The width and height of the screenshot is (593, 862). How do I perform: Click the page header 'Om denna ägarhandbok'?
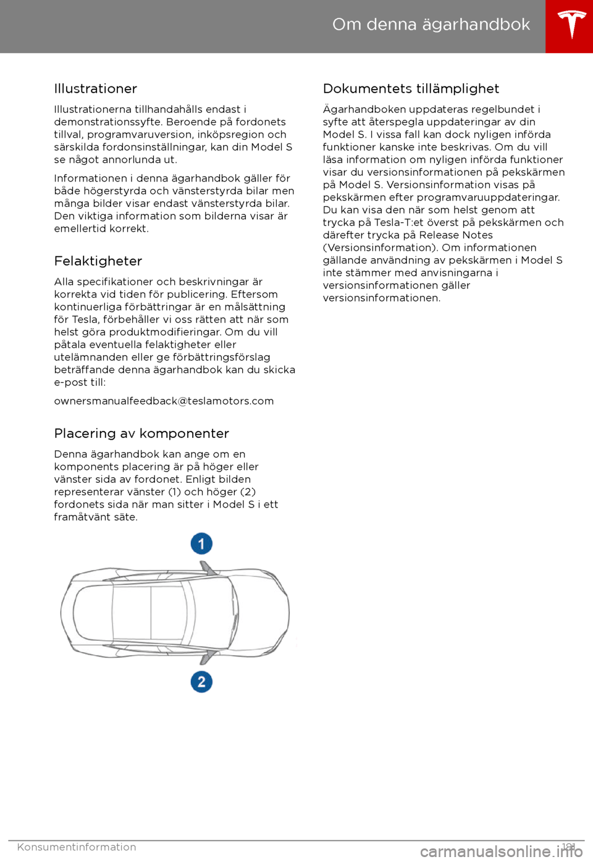click(x=431, y=25)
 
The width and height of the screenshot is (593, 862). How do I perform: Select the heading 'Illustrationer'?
click(x=96, y=89)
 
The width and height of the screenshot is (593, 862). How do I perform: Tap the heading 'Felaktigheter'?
click(x=98, y=261)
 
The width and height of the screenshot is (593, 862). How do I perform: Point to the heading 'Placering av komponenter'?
click(x=141, y=433)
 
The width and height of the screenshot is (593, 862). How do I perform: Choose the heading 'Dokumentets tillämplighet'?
click(x=411, y=89)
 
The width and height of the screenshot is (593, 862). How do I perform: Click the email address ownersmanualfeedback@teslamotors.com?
click(x=164, y=401)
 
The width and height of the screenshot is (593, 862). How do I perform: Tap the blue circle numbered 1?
click(x=201, y=544)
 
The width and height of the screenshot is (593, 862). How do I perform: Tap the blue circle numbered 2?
click(x=201, y=682)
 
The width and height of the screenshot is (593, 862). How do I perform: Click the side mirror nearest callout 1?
click(x=209, y=569)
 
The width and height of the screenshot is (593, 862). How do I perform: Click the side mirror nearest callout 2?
click(x=210, y=656)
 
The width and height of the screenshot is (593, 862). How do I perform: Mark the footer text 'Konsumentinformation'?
click(x=77, y=847)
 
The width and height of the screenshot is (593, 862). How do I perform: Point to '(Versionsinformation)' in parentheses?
click(x=379, y=248)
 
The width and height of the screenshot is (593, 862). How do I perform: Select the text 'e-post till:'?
click(x=80, y=382)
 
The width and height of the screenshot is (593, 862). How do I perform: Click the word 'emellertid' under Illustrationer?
click(x=80, y=228)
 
